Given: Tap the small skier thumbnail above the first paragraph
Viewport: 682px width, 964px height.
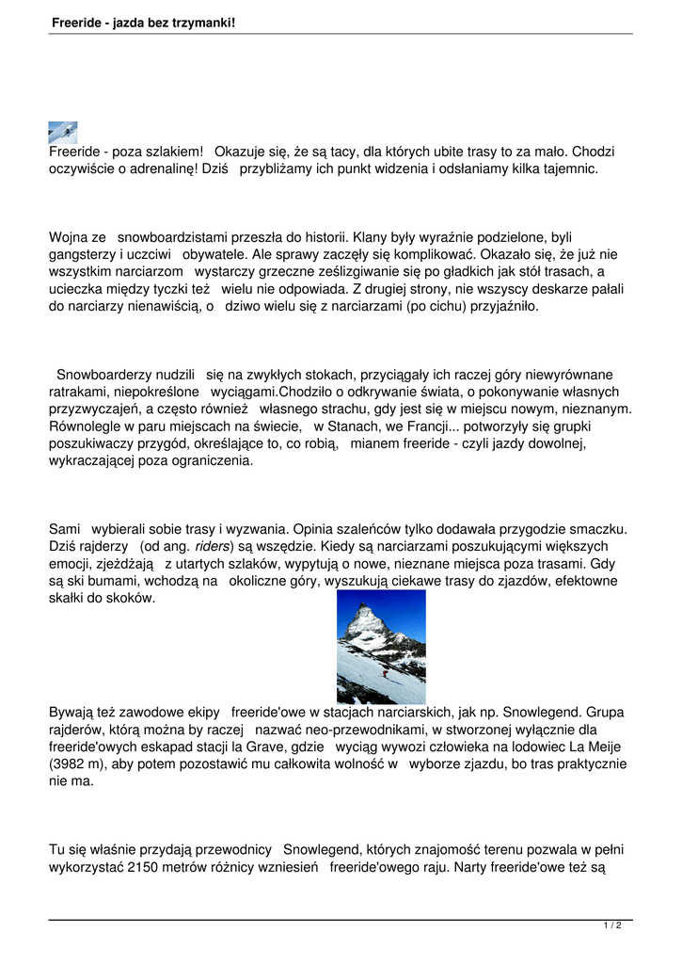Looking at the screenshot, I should click(x=63, y=132).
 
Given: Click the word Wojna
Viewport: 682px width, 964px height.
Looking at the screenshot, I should click(x=70, y=238).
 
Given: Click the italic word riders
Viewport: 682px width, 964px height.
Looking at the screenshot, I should click(x=213, y=547).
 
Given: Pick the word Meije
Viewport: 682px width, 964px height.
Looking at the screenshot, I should click(x=602, y=747).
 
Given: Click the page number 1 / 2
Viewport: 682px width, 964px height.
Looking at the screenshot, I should click(x=612, y=926).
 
